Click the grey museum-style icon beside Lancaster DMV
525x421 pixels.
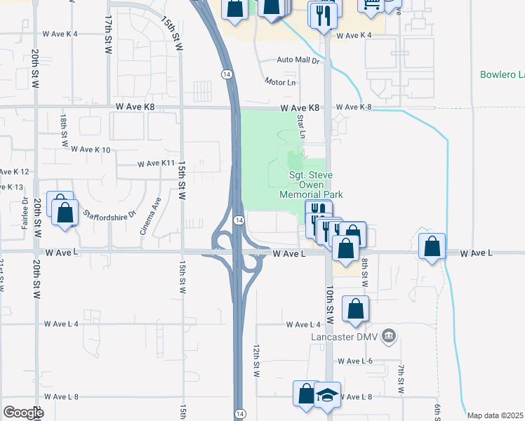391,337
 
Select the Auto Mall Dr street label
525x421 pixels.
298,61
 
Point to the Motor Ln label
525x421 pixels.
281,82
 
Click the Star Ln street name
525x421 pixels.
302,126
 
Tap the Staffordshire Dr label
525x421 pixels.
109,214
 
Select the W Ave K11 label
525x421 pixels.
156,163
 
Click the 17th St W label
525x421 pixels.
108,33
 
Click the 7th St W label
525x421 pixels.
401,379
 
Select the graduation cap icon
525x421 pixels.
326,394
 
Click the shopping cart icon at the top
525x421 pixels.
370,6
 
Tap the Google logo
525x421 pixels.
22,413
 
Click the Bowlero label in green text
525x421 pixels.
502,74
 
